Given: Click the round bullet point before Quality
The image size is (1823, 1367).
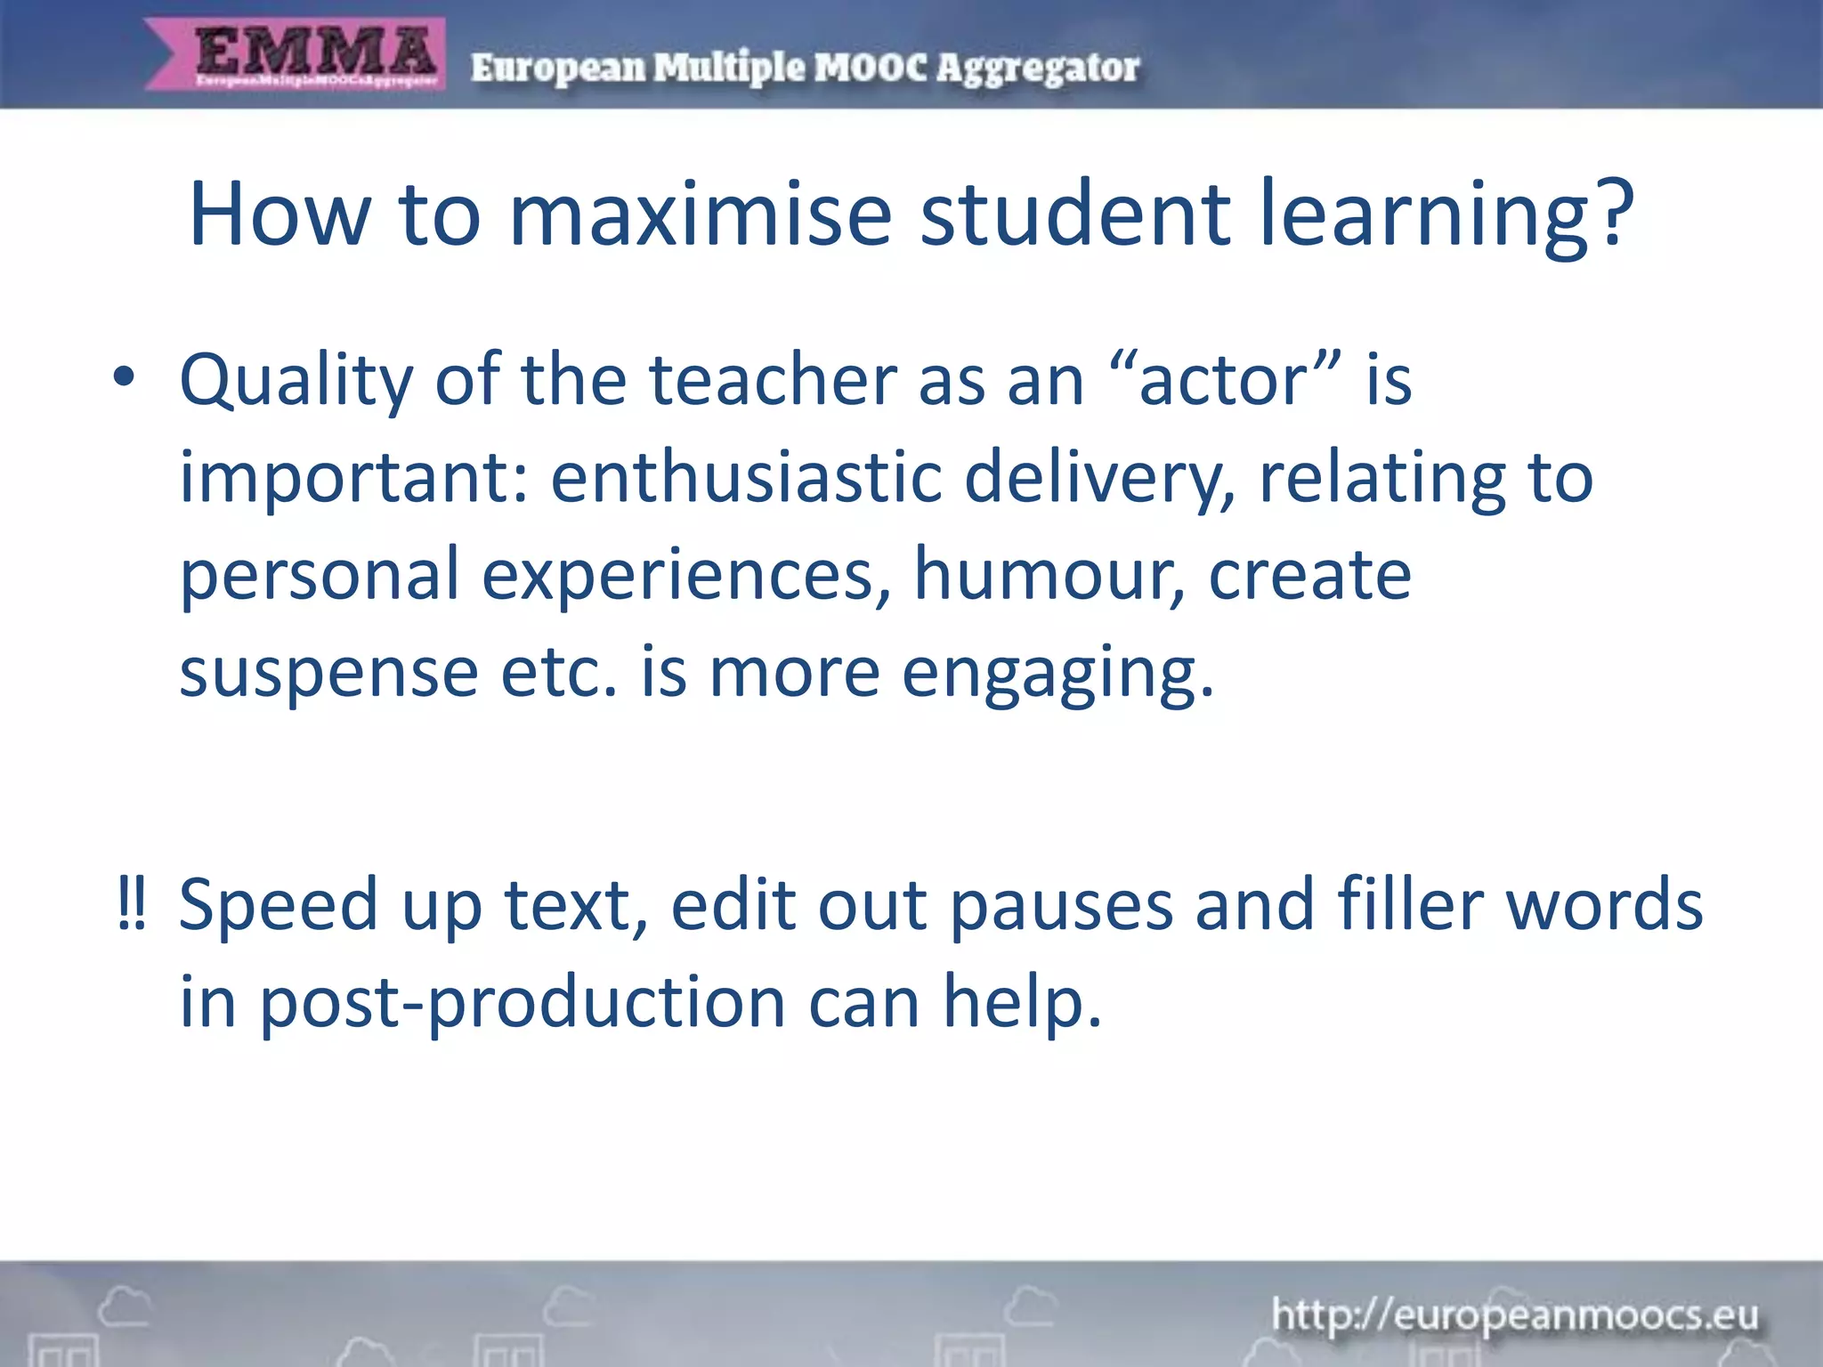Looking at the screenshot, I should click(x=124, y=377).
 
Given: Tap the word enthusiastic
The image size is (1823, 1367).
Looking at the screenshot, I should click(x=746, y=477).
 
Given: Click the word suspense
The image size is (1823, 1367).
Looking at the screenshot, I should click(x=329, y=673).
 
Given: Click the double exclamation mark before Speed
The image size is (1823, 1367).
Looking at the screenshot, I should click(x=132, y=904).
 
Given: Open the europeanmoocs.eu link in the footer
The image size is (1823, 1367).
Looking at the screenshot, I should click(x=1514, y=1315).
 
